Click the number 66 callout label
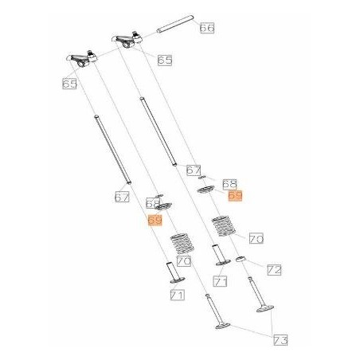point(207,28)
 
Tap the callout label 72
point(273,271)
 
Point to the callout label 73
point(280,340)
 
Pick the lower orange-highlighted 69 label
point(155,220)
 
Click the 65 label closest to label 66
point(165,60)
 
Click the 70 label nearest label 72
point(256,238)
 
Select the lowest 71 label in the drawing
point(177,295)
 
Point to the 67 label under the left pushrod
point(121,197)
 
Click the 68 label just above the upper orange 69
point(229,183)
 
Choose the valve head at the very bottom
point(221,326)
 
